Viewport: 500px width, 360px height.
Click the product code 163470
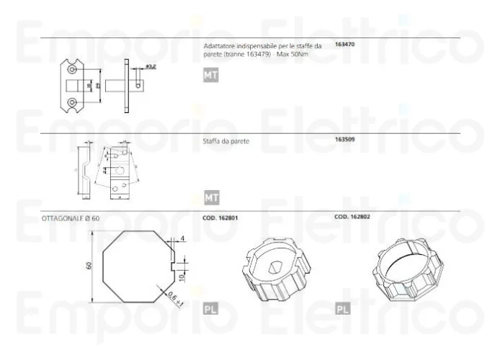tap(345, 45)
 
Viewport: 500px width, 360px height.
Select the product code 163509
tap(345, 139)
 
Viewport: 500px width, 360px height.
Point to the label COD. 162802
tap(352, 217)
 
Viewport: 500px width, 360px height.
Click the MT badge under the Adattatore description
tap(210, 75)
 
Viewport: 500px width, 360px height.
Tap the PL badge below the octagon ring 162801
tap(210, 309)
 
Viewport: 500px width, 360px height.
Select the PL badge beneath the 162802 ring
tap(343, 309)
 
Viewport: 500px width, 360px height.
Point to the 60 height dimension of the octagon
tap(89, 266)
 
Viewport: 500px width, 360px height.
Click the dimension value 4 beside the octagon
tap(183, 238)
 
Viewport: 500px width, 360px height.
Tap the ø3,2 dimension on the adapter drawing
tap(151, 66)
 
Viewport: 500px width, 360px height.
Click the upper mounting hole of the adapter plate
tap(72, 69)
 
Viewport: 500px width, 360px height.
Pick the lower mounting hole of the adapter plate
tap(72, 103)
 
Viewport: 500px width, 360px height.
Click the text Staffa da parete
tap(226, 141)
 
